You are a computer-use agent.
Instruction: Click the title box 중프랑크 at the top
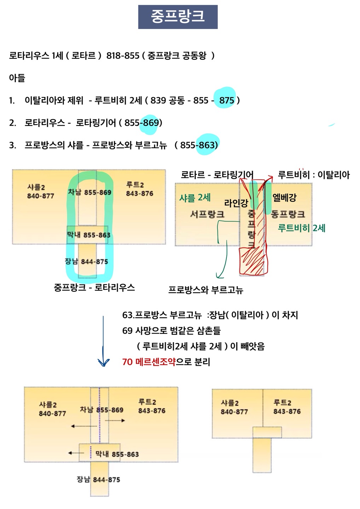pos(178,17)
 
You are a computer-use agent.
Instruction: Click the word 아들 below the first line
pos(17,78)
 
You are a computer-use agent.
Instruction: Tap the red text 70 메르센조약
pos(149,362)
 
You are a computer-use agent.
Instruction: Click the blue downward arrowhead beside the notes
pos(103,363)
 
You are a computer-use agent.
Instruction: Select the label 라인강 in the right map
pos(236,203)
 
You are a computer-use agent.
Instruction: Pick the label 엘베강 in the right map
pos(284,198)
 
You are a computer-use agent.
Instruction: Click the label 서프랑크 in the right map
pos(207,214)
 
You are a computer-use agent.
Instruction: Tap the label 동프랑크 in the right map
pos(288,214)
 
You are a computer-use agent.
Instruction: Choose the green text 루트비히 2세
pos(301,228)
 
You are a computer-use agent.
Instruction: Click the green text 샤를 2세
pos(195,198)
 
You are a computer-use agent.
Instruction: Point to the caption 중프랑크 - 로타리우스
pos(94,287)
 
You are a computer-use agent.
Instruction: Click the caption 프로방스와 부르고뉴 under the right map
pos(205,290)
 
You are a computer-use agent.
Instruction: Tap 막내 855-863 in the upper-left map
pos(88,235)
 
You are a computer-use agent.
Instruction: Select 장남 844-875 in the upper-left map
pos(86,262)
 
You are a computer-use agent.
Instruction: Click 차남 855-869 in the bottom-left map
pos(101,410)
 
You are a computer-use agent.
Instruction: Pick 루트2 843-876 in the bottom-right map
pos(287,407)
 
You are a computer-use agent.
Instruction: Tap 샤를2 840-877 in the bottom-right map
pos(234,408)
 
